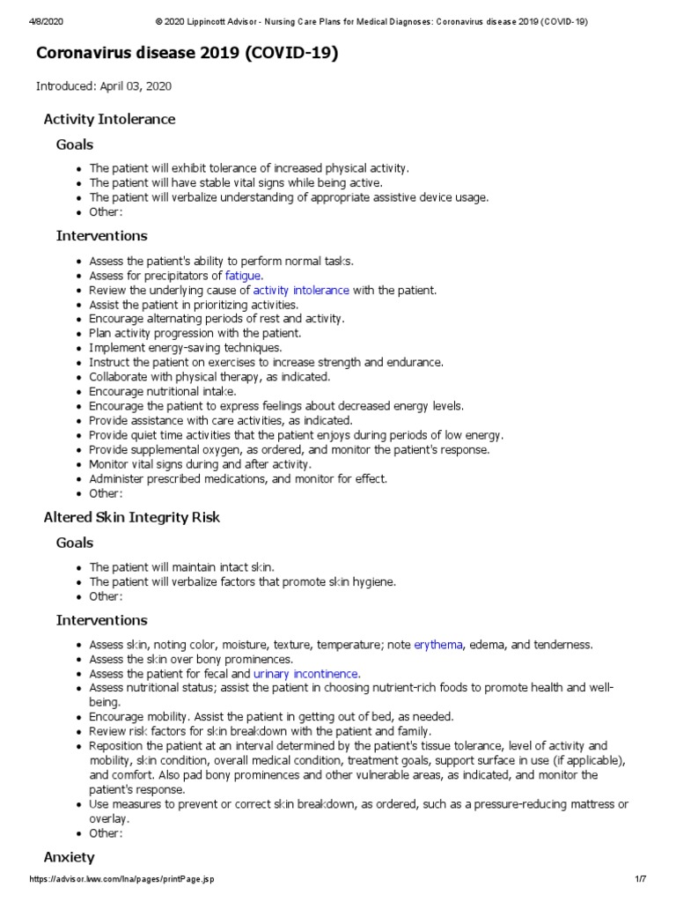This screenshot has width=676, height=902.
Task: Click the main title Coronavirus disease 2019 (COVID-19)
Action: [187, 55]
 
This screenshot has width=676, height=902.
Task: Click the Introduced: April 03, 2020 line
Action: [103, 86]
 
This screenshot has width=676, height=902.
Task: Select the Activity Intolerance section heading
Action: [109, 119]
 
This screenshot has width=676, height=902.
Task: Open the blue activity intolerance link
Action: [301, 290]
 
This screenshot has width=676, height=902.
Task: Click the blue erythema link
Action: [438, 645]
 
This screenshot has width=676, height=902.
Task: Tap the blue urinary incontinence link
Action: [306, 674]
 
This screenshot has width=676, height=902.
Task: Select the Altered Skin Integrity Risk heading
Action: [131, 517]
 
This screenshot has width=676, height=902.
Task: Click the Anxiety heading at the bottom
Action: [69, 857]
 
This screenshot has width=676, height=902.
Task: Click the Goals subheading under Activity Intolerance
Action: [75, 144]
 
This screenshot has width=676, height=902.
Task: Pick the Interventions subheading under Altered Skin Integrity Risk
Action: [101, 620]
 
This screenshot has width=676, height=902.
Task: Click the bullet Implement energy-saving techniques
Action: [186, 348]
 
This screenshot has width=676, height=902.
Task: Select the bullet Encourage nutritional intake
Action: [163, 391]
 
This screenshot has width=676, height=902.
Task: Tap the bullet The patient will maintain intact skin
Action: [188, 567]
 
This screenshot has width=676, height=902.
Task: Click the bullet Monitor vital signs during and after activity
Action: [201, 464]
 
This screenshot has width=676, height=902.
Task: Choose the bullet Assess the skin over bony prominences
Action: [191, 659]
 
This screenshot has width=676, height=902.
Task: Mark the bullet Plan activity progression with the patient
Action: [195, 333]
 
